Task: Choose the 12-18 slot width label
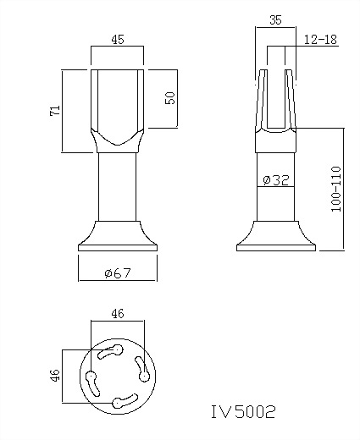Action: (x=318, y=40)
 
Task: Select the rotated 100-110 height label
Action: (x=336, y=189)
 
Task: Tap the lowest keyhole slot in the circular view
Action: (x=125, y=398)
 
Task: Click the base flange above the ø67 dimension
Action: (x=118, y=238)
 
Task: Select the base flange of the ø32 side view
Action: (x=275, y=239)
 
